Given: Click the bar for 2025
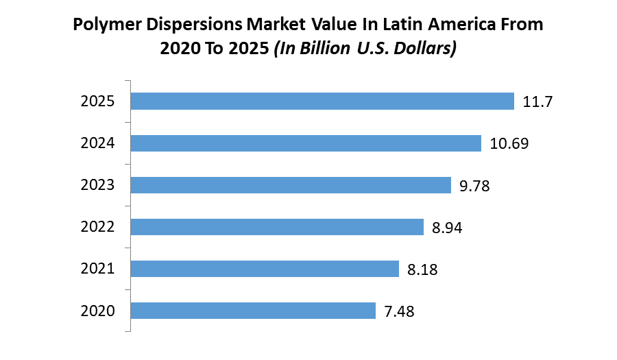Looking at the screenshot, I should (x=322, y=101).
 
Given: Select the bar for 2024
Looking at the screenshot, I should (x=306, y=143).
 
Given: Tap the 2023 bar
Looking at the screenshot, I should (x=291, y=185).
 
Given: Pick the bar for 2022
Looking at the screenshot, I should (x=277, y=227).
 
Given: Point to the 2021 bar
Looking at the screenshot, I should (x=265, y=269).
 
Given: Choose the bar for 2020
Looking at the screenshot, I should (x=253, y=311).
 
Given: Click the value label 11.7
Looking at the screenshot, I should (x=537, y=102).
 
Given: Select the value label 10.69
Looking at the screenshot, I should (x=509, y=144).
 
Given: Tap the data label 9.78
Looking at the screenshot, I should (x=475, y=186).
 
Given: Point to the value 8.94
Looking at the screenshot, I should (x=448, y=228).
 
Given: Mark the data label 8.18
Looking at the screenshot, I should (x=422, y=269).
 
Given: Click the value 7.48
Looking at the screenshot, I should (x=399, y=311).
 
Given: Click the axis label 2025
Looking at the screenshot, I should (x=97, y=102).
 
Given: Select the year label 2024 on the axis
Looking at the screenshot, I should (x=97, y=144).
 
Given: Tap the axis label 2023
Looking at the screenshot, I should (x=97, y=186).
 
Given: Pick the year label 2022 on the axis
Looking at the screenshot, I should (x=97, y=228).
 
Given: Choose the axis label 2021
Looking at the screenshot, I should (x=97, y=269).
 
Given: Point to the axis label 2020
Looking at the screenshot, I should (x=97, y=311).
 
